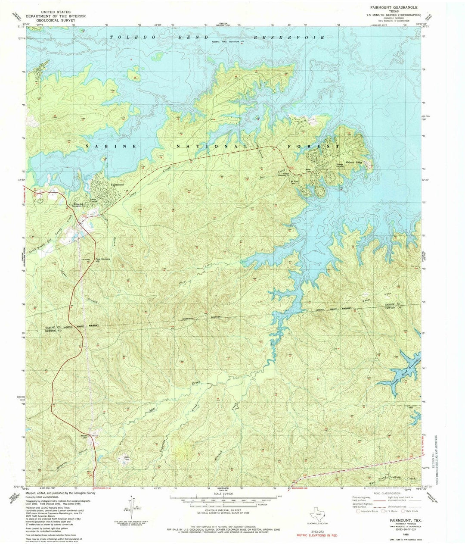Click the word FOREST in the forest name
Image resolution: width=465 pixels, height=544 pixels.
click(321, 146)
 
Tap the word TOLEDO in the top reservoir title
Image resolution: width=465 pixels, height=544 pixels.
click(129, 38)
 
